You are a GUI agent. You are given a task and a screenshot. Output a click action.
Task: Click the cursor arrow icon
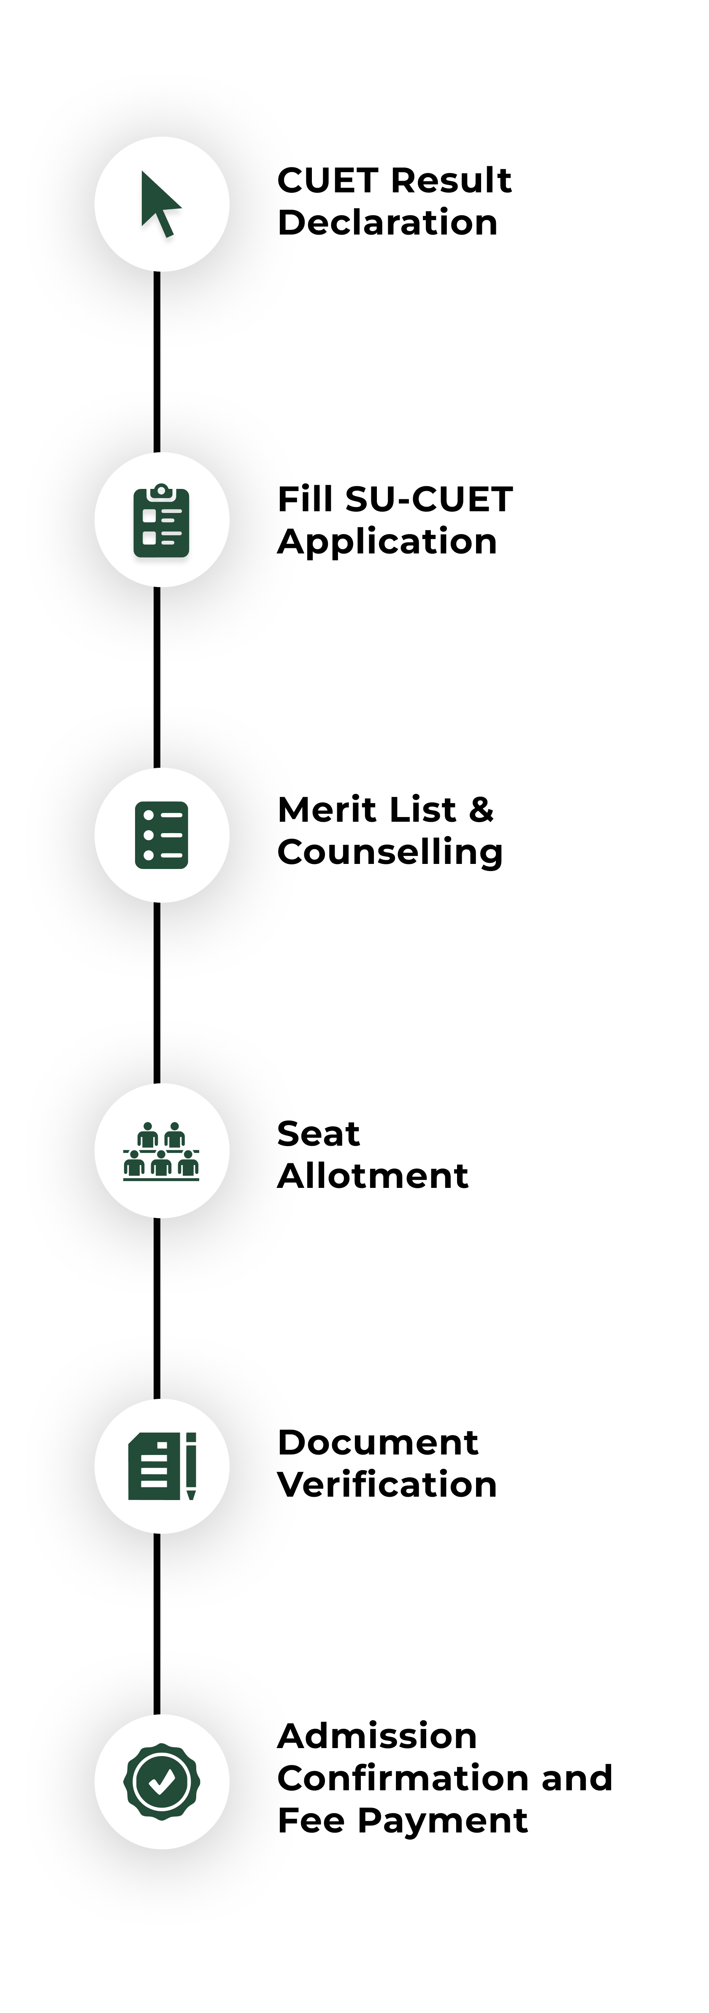tap(160, 204)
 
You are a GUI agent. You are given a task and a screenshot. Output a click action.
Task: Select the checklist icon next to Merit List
tap(161, 834)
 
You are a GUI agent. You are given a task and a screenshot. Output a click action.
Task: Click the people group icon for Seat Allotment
tap(161, 1150)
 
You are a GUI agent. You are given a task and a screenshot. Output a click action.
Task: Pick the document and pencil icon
tap(162, 1466)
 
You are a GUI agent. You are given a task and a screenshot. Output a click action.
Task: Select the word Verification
tap(387, 1485)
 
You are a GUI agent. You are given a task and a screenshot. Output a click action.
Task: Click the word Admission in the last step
tap(377, 1736)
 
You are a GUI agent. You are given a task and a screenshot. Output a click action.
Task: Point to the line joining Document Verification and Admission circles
tap(157, 1624)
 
